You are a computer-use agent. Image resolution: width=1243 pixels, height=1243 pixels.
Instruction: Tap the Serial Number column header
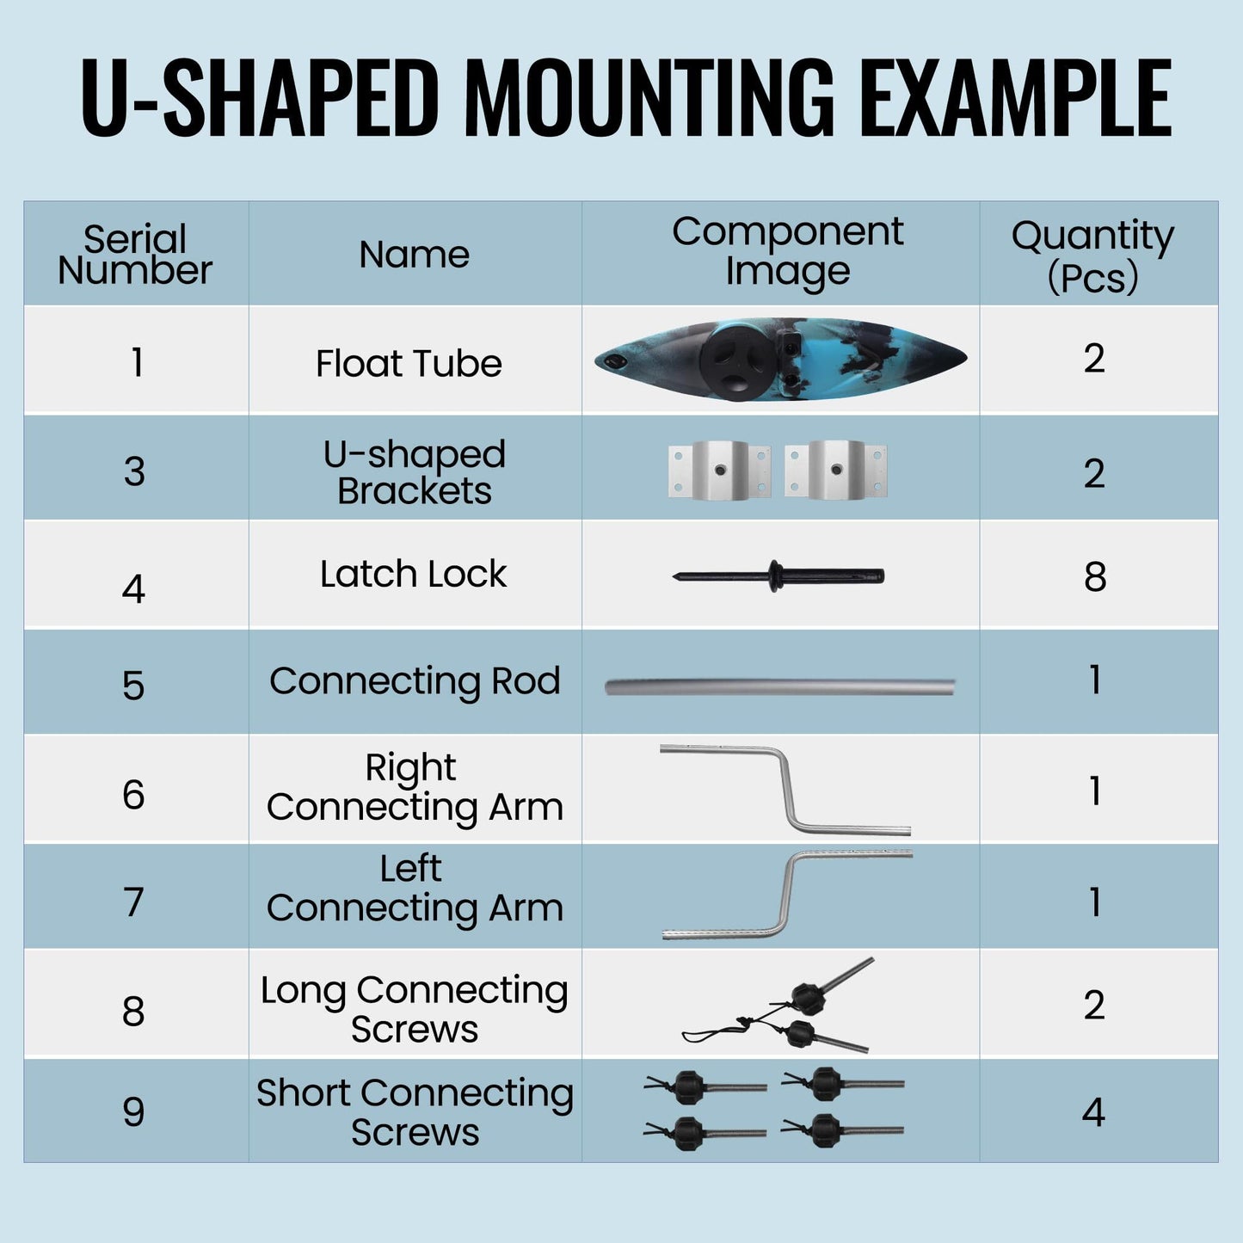point(135,255)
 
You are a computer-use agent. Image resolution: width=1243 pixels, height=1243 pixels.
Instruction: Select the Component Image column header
point(787,252)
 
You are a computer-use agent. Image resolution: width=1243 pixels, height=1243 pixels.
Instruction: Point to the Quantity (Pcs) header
point(1092,255)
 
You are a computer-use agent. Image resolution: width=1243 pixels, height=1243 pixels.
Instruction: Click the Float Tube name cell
point(409,363)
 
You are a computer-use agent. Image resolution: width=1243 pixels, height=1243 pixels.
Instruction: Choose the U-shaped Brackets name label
point(415,472)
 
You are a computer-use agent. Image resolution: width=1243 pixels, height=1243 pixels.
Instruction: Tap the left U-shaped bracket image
point(719,470)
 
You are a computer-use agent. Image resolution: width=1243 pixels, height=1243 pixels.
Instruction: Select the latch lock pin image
point(778,575)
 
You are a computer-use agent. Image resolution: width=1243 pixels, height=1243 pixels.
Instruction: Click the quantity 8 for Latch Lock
point(1094,576)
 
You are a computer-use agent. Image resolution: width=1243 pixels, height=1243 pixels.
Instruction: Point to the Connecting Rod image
point(779,686)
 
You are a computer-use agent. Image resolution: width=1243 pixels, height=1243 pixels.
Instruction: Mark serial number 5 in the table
point(133,686)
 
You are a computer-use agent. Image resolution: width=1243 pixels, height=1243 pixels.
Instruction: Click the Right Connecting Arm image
point(787,790)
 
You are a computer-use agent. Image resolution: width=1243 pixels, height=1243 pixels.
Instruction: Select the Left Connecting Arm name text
point(415,889)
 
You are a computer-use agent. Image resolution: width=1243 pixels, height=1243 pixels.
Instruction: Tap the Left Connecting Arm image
point(787,895)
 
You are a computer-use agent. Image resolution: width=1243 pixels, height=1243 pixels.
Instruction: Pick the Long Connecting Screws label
point(415,1009)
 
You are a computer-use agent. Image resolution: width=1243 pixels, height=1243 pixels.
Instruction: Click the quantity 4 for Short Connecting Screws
point(1093,1112)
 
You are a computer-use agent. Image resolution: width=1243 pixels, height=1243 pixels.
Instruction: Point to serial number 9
point(133,1112)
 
